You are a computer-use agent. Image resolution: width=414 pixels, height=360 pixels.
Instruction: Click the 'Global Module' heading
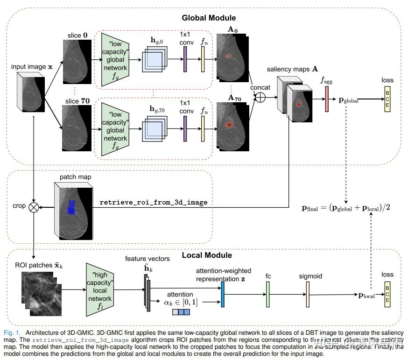pos(208,18)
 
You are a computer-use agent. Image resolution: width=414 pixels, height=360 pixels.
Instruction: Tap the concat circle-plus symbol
pos(260,98)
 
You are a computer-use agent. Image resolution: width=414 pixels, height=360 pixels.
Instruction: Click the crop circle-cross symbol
pos(34,206)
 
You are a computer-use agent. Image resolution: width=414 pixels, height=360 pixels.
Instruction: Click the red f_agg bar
pos(327,99)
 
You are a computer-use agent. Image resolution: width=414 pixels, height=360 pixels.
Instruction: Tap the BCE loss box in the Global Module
pos(386,99)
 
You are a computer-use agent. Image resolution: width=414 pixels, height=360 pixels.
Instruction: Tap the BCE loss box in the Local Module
pos(386,296)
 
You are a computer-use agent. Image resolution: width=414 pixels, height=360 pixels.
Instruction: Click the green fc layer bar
pos(268,295)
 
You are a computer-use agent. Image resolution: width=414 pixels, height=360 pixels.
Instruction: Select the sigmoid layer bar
pos(308,295)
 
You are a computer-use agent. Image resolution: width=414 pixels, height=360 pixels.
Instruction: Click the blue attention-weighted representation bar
pos(223,294)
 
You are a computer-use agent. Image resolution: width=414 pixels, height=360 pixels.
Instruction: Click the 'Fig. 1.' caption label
pos(12,332)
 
